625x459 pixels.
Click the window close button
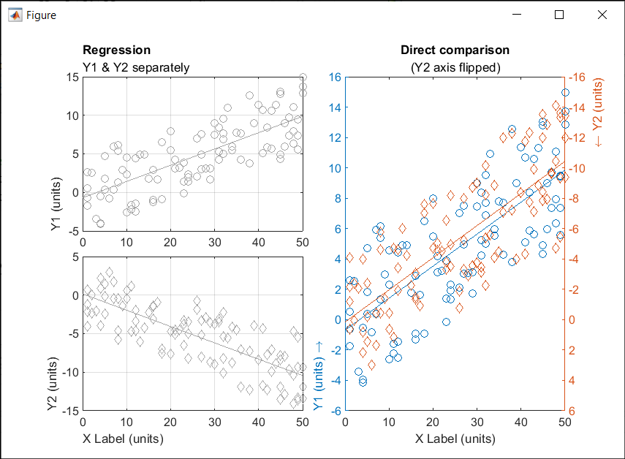click(602, 15)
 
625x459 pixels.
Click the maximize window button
click(560, 15)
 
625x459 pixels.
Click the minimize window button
click(517, 15)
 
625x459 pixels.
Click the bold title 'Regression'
click(117, 50)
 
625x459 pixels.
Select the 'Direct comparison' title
click(455, 50)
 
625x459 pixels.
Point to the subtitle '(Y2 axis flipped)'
click(455, 67)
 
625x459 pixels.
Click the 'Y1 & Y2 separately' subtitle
click(136, 67)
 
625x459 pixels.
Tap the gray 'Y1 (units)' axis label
click(56, 206)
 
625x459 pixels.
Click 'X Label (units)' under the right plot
click(455, 439)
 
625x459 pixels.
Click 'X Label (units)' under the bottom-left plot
click(123, 439)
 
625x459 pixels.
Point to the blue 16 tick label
click(336, 77)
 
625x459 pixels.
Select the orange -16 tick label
click(577, 77)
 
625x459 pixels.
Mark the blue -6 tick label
click(336, 411)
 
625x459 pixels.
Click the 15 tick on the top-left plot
click(71, 77)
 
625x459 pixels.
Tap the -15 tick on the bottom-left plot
click(69, 411)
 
